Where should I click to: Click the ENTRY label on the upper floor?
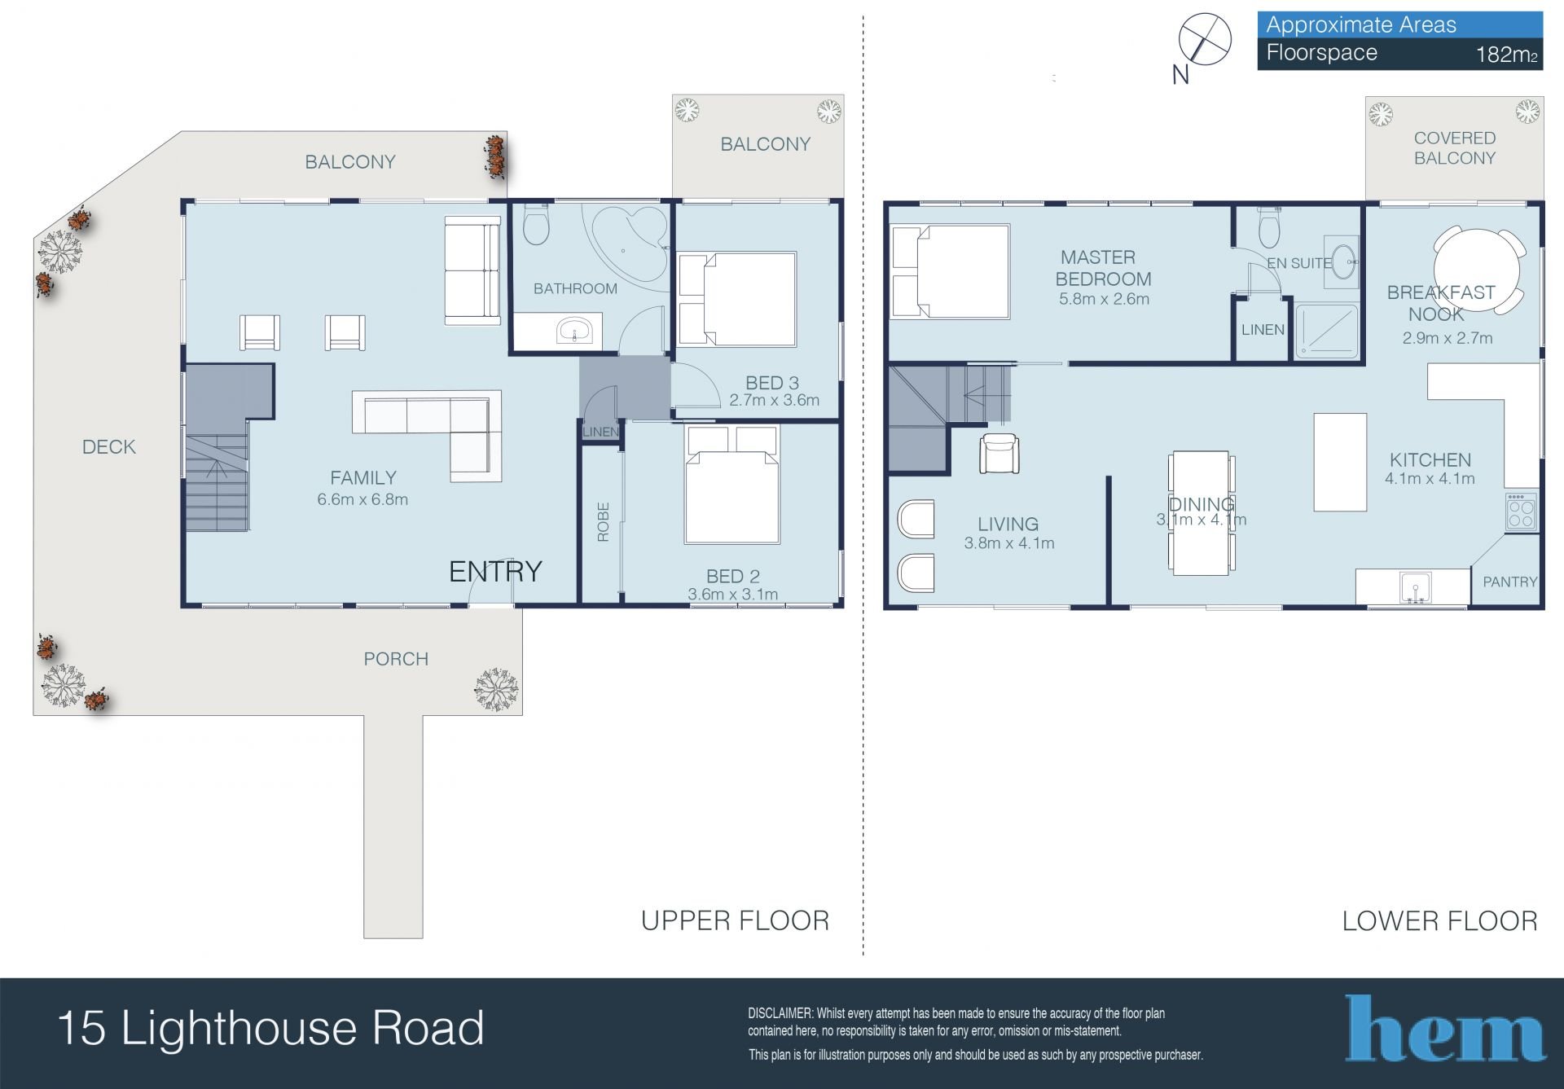(x=495, y=572)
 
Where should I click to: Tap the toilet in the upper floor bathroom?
(x=536, y=224)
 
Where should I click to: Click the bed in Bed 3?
(x=738, y=300)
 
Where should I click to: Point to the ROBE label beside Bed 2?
(x=603, y=522)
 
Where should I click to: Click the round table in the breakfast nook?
(x=1477, y=269)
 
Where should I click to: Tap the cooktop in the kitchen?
(x=1521, y=512)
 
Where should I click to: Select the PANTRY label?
(x=1509, y=582)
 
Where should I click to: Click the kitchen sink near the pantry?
(x=1416, y=587)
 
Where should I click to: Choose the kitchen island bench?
(x=1340, y=463)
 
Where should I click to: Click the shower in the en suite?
(x=1327, y=331)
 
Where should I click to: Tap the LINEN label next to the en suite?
(x=1263, y=330)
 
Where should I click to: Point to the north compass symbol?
(x=1205, y=39)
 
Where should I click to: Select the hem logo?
(x=1445, y=1028)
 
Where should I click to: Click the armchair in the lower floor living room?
(x=999, y=454)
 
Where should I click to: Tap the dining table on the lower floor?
(x=1200, y=513)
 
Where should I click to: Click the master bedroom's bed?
(x=951, y=271)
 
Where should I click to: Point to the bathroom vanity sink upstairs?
(x=576, y=332)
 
